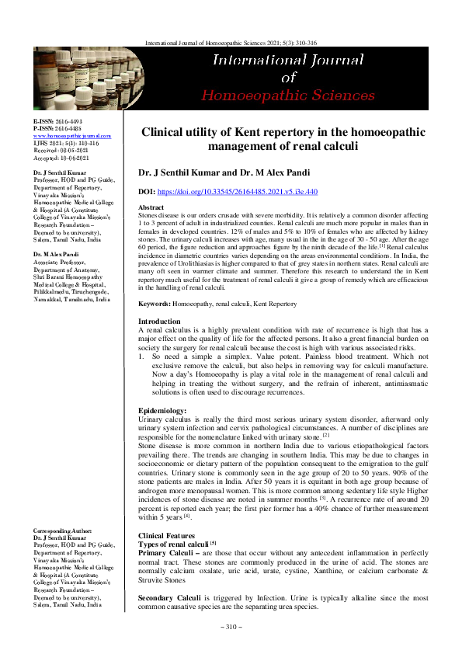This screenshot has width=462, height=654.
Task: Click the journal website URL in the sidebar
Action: coord(71,135)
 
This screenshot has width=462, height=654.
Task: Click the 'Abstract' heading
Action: coord(151,209)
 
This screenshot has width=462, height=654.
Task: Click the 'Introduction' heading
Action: coord(158,321)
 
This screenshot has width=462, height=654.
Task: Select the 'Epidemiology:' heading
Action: coord(162,409)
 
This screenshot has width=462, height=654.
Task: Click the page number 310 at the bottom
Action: coord(231,627)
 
